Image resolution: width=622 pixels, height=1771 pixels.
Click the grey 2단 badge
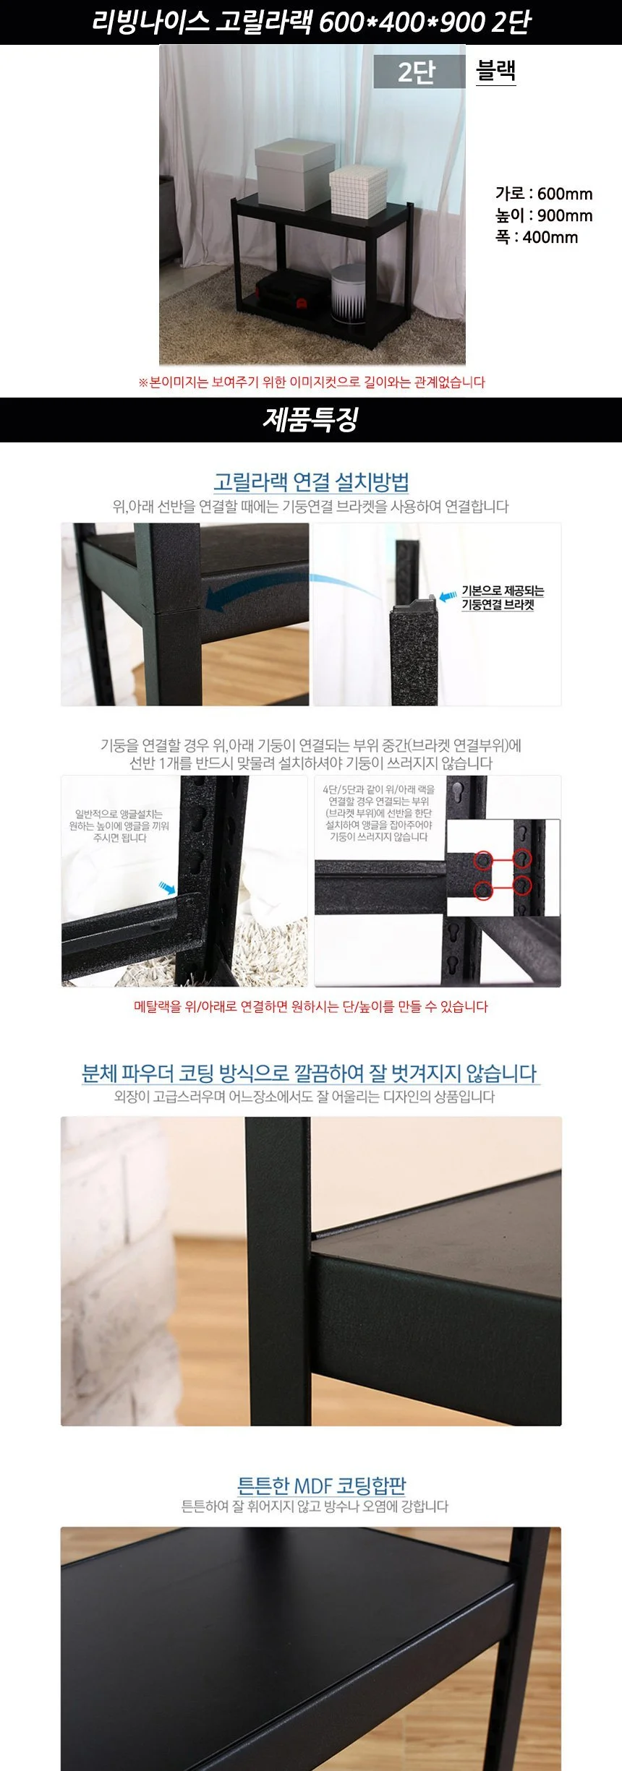[419, 72]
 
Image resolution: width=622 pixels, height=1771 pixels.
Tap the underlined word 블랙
[496, 71]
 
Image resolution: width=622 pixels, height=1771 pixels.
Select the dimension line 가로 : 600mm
[544, 194]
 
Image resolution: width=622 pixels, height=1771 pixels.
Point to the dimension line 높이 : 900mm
[544, 215]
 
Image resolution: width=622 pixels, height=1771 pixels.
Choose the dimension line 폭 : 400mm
[537, 237]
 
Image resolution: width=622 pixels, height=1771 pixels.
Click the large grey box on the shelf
[294, 171]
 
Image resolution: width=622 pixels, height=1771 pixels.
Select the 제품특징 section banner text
[310, 419]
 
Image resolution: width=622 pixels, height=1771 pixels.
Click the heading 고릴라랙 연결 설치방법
[311, 481]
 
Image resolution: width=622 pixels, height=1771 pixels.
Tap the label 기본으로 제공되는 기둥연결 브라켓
[503, 598]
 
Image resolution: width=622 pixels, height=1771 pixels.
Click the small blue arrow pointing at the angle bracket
[168, 886]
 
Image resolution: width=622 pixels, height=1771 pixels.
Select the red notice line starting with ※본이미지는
[311, 382]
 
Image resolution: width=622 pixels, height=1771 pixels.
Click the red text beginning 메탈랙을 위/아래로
[311, 1006]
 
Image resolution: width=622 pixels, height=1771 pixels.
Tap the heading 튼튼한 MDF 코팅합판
[322, 1485]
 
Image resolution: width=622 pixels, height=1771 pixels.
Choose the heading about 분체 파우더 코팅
[310, 1073]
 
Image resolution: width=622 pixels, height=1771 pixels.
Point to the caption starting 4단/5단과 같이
[378, 813]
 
